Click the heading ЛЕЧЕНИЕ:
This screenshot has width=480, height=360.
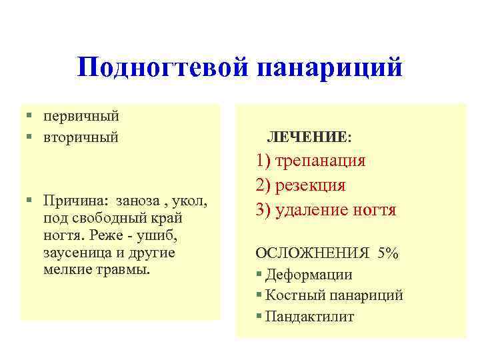tap(309, 137)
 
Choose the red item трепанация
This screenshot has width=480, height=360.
tap(321, 161)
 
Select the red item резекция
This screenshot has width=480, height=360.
tap(311, 185)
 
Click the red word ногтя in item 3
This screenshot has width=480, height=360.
tap(375, 210)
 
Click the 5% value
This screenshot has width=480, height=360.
tap(387, 253)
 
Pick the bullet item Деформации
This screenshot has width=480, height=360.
tap(309, 275)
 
